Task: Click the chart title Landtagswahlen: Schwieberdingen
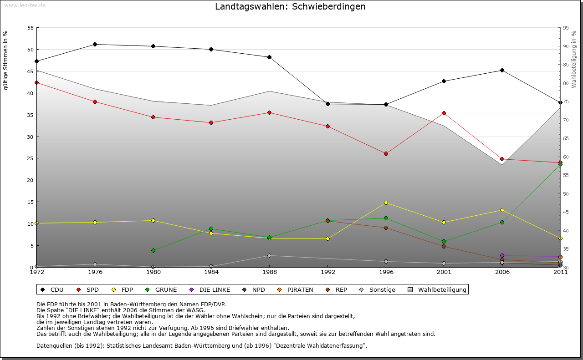(x=290, y=7)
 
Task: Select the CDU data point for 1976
(x=95, y=44)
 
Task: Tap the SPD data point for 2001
(x=444, y=113)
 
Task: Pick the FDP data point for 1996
(x=386, y=203)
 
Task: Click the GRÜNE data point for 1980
(x=153, y=250)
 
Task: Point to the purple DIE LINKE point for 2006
(x=502, y=256)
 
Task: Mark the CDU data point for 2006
(x=502, y=70)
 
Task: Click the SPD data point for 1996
(x=386, y=153)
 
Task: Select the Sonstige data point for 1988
(x=269, y=255)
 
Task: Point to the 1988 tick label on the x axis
(x=269, y=272)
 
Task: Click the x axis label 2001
(x=444, y=272)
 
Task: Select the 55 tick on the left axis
(x=31, y=28)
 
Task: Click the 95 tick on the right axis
(x=566, y=28)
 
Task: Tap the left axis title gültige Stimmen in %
(x=6, y=60)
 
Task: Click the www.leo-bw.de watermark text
(x=25, y=5)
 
